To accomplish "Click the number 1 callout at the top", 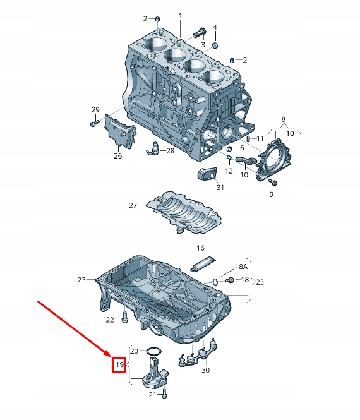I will [x=179, y=16].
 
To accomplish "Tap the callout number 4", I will [x=215, y=27].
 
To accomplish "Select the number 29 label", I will [x=95, y=110].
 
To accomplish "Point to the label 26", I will [x=118, y=156].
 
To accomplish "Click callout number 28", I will [x=170, y=151].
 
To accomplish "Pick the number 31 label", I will [x=220, y=188].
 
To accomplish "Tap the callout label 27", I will [x=133, y=205].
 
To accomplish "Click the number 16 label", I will [x=200, y=248].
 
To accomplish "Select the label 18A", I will [x=242, y=268].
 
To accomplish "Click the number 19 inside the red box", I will [x=119, y=364].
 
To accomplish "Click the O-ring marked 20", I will [x=152, y=351].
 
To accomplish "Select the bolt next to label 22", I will [x=126, y=318].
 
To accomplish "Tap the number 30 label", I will [x=205, y=371].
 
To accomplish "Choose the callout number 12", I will [x=229, y=171].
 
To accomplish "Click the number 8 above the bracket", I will [x=284, y=119].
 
